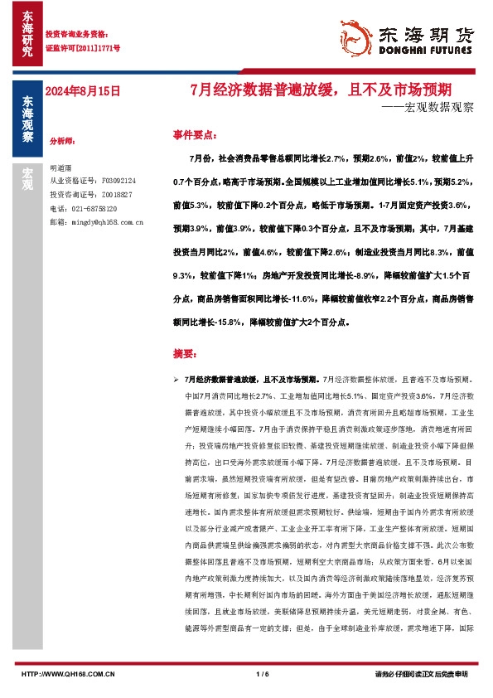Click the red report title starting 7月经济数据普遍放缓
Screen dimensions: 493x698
pyautogui.click(x=321, y=89)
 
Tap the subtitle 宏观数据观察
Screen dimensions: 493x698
pyautogui.click(x=431, y=107)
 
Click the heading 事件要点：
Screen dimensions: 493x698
pyautogui.click(x=196, y=133)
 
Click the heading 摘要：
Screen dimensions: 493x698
pyautogui.click(x=186, y=354)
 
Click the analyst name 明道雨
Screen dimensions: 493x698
pyautogui.click(x=62, y=167)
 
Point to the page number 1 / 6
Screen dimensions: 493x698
pyautogui.click(x=264, y=673)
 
